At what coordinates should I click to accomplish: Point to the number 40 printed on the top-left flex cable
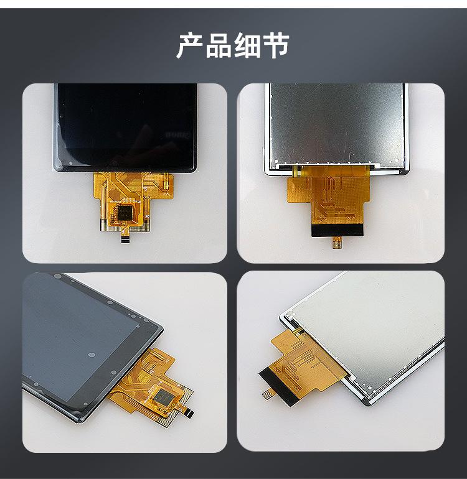point(146,218)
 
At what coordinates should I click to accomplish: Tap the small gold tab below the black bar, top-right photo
point(337,243)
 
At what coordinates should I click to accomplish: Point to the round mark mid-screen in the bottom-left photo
point(91,355)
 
